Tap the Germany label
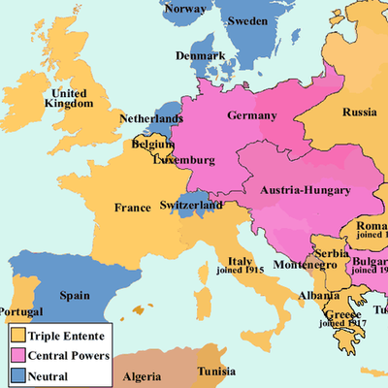252,116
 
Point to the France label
133,208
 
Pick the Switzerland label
191,206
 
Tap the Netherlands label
150,119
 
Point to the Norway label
185,9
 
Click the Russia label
358,111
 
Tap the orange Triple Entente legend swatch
17,335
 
